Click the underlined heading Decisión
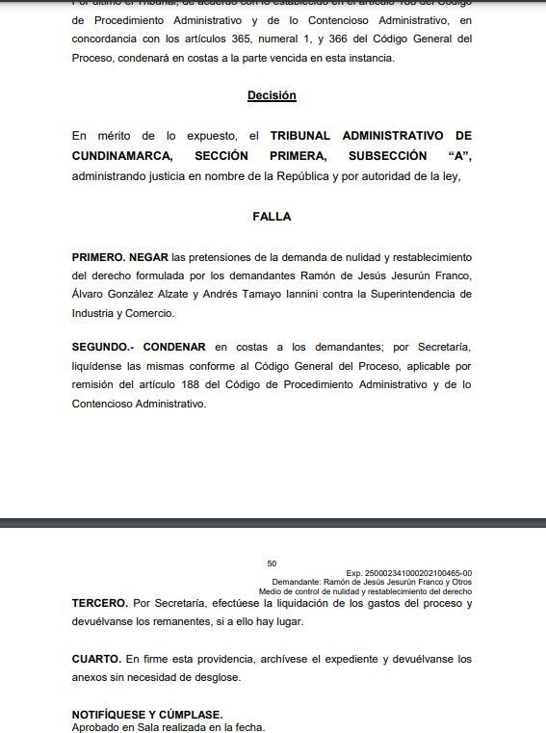point(272,95)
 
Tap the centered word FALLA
point(272,217)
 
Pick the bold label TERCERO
point(99,603)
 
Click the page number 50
point(272,563)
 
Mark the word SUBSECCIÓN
point(388,155)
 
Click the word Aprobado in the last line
point(96,727)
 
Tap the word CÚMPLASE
point(188,714)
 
